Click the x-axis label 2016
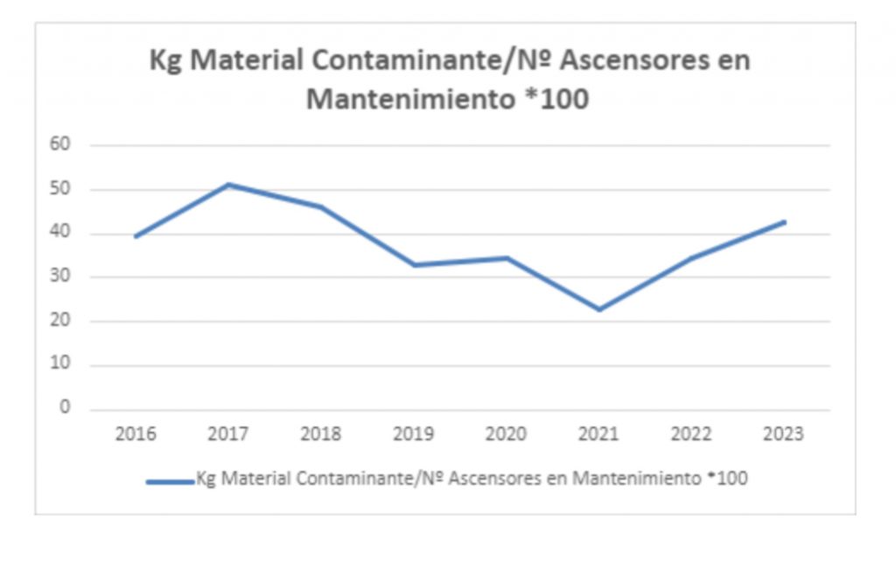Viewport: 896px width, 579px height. [136, 435]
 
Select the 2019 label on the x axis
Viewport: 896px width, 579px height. [413, 435]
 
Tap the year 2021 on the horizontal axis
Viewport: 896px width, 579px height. [598, 435]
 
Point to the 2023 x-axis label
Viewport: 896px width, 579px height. [782, 435]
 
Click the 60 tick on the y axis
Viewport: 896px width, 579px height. [59, 145]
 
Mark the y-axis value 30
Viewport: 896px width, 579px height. [59, 277]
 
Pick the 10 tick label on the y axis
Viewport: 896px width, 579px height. [59, 366]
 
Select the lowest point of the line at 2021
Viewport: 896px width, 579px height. [598, 310]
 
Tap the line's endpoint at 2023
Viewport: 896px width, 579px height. [784, 221]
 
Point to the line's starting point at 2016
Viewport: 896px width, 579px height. [136, 236]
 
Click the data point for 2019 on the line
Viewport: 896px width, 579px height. [413, 265]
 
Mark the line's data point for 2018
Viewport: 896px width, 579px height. [321, 206]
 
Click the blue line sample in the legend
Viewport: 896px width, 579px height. [170, 480]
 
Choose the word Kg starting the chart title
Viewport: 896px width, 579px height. [165, 63]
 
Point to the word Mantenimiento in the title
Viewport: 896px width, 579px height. [412, 100]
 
